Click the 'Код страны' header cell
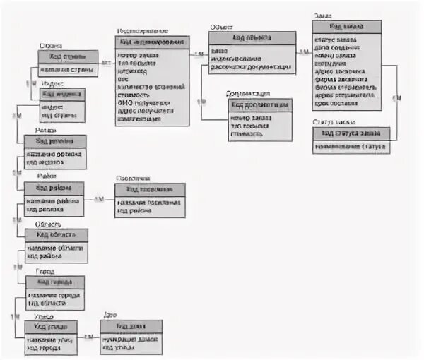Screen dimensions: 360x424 pos(68,56)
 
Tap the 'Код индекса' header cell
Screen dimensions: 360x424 pos(63,93)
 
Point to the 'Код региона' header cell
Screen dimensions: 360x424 pos(55,140)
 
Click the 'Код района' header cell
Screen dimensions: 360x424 pos(54,188)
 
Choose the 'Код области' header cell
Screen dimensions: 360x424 pos(57,234)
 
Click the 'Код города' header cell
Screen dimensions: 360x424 pos(54,282)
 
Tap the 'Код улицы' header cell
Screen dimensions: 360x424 pos(51,326)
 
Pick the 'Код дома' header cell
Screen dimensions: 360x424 pos(131,326)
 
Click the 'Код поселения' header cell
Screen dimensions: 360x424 pos(150,189)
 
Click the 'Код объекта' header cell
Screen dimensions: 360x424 pos(252,37)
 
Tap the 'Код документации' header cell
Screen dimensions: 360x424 pos(259,104)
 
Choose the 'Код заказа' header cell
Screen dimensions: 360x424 pos(346,26)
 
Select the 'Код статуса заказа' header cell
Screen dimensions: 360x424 pos(351,133)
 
